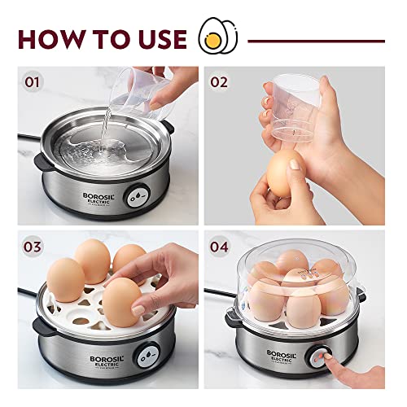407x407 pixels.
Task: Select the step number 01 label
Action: coord(33,81)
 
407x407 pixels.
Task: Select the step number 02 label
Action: coord(219,81)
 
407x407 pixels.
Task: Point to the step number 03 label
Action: coord(33,245)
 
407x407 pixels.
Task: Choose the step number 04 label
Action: coord(219,245)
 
